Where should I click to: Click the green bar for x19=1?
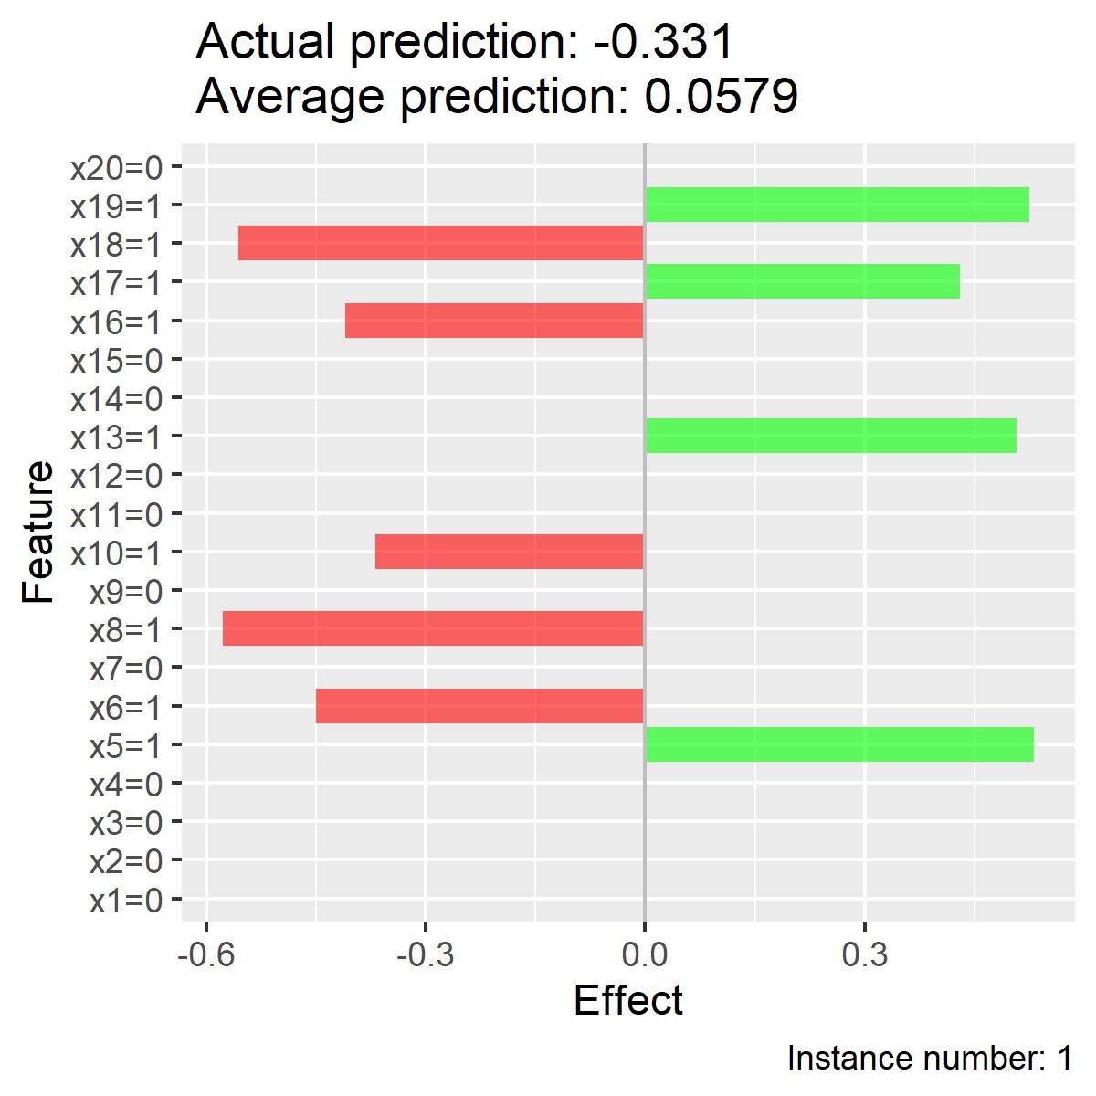(x=838, y=205)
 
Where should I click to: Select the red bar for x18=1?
(x=441, y=243)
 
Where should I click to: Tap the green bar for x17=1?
(x=803, y=281)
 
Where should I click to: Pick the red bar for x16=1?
(x=494, y=321)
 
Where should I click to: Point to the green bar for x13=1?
(x=831, y=436)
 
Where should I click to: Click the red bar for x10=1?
(x=509, y=551)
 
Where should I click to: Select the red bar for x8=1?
(x=433, y=628)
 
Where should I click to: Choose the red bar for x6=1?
(x=479, y=706)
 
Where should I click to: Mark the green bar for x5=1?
(x=839, y=744)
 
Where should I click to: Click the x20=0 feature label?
(x=117, y=168)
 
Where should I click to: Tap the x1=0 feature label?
(x=126, y=901)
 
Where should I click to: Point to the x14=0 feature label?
(x=117, y=399)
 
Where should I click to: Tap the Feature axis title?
(x=37, y=532)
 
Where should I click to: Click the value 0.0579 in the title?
(x=722, y=96)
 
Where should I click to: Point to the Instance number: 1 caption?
(x=930, y=1059)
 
